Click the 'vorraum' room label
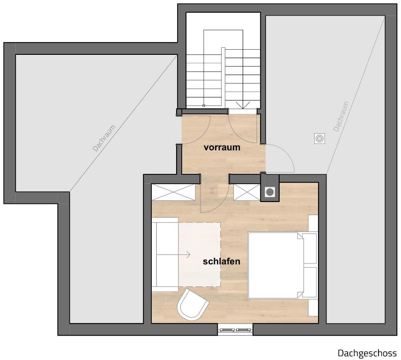(222, 148)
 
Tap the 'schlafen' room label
(222, 262)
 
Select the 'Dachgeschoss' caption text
(367, 353)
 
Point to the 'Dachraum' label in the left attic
(104, 138)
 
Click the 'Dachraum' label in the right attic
(341, 116)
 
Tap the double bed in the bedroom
(282, 265)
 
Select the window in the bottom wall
(235, 330)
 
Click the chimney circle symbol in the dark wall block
(269, 192)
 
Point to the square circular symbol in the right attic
(319, 138)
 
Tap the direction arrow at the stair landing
(243, 105)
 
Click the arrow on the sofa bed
(173, 255)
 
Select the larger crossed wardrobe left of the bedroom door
(173, 192)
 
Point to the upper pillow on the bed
(310, 248)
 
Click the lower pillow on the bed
(310, 282)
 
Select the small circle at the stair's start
(204, 105)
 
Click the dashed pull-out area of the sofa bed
(200, 255)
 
